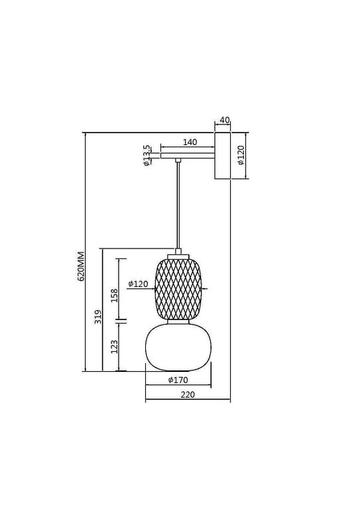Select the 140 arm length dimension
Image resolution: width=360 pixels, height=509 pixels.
pyautogui.click(x=190, y=142)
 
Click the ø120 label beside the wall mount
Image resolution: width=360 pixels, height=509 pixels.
pyautogui.click(x=241, y=156)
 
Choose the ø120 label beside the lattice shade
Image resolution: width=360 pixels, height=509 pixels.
pyautogui.click(x=138, y=283)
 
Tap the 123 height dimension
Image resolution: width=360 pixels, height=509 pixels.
pyautogui.click(x=114, y=346)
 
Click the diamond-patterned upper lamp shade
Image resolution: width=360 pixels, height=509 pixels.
pyautogui.click(x=178, y=287)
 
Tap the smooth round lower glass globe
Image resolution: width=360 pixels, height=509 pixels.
pyautogui.click(x=178, y=346)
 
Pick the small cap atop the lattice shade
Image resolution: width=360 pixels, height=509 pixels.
pyautogui.click(x=178, y=253)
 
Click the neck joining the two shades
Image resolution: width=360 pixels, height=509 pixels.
pyautogui.click(x=178, y=322)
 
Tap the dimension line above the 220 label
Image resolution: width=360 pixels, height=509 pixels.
pyautogui.click(x=188, y=401)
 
